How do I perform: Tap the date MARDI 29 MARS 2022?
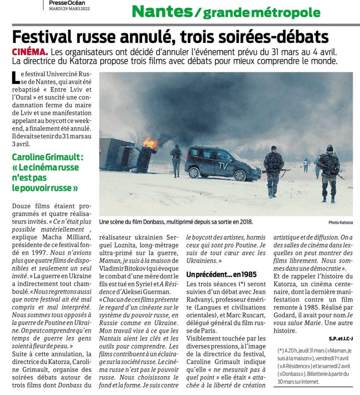click(x=69, y=9)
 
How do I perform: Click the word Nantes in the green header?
click(x=161, y=12)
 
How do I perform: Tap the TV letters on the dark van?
click(x=223, y=166)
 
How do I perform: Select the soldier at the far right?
click(x=329, y=171)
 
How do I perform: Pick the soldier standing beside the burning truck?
click(x=176, y=160)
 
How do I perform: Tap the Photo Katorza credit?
click(x=340, y=223)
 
